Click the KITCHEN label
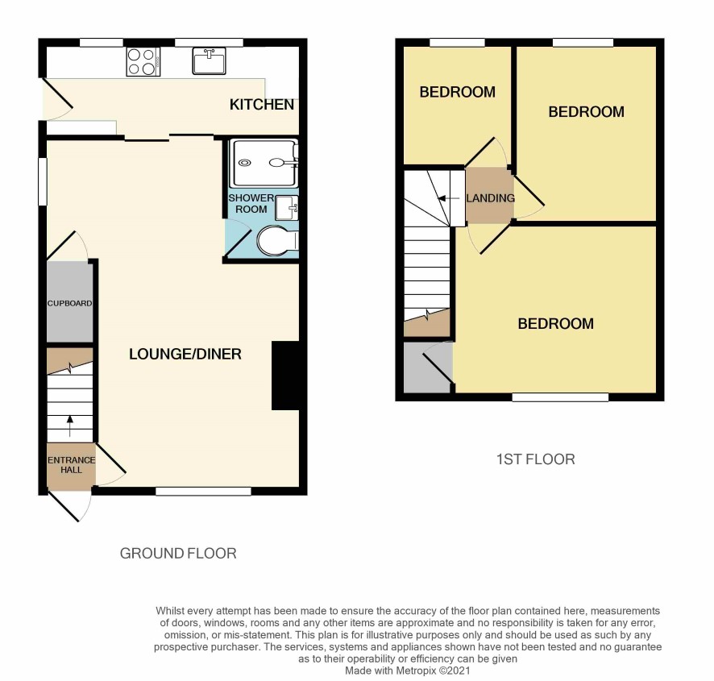pos(262,104)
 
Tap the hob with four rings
pos(143,61)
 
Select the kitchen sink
pos(209,61)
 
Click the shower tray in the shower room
pos(264,163)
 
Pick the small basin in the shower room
pos(287,208)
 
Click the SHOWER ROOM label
pos(251,204)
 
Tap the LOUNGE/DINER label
pos(185,354)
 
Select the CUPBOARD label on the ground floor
pos(69,303)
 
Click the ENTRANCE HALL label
pos(72,465)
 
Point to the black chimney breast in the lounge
pos(285,376)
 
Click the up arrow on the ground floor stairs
pos(69,426)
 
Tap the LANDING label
pos(491,198)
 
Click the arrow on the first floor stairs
pos(448,198)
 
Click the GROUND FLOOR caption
pos(178,554)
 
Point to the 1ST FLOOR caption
pos(535,459)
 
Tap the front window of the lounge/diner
pos(203,492)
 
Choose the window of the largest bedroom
pos(560,397)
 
